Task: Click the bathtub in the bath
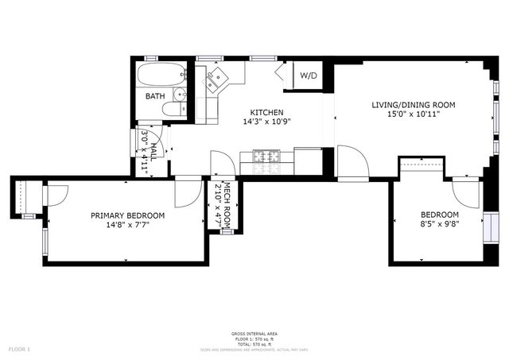point(161,76)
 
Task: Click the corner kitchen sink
point(216,79)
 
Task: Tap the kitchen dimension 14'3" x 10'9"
point(266,122)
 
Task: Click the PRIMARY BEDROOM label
point(127,215)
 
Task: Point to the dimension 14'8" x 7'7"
point(127,225)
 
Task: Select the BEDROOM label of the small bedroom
point(440,215)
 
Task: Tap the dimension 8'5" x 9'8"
point(440,224)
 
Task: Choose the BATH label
point(155,96)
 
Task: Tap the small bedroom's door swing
point(466,194)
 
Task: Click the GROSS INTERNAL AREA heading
point(255,333)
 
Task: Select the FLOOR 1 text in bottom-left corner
point(19,349)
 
